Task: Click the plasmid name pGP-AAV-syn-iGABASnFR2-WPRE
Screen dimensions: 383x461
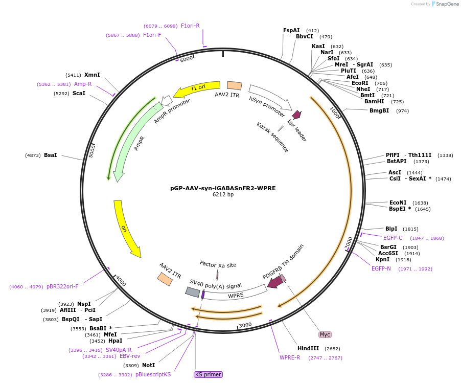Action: pyautogui.click(x=222, y=188)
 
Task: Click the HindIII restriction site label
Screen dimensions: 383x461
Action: pyautogui.click(x=308, y=348)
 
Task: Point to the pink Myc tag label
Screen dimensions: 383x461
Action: pyautogui.click(x=325, y=334)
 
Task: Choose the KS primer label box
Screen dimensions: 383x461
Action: pyautogui.click(x=208, y=374)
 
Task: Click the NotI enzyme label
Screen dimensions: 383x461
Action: pyautogui.click(x=148, y=365)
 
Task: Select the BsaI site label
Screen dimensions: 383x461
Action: pyautogui.click(x=50, y=155)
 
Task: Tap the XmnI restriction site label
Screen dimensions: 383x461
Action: pyautogui.click(x=92, y=75)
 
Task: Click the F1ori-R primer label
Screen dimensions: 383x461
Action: pyautogui.click(x=190, y=26)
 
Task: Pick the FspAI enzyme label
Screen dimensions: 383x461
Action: pyautogui.click(x=291, y=30)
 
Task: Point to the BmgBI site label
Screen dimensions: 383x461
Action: pyautogui.click(x=379, y=110)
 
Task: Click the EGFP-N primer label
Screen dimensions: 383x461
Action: pyautogui.click(x=381, y=268)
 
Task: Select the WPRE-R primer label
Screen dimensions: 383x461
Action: pyautogui.click(x=290, y=357)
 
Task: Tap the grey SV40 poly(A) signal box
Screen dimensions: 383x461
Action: pyautogui.click(x=192, y=291)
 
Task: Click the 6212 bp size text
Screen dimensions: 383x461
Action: pyautogui.click(x=223, y=194)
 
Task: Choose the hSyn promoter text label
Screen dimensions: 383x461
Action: pyautogui.click(x=267, y=106)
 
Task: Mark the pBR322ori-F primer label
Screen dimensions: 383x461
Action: pyautogui.click(x=62, y=286)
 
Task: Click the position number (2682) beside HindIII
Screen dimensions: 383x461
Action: pyautogui.click(x=332, y=349)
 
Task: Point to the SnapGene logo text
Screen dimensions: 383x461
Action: pyautogui.click(x=446, y=4)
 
